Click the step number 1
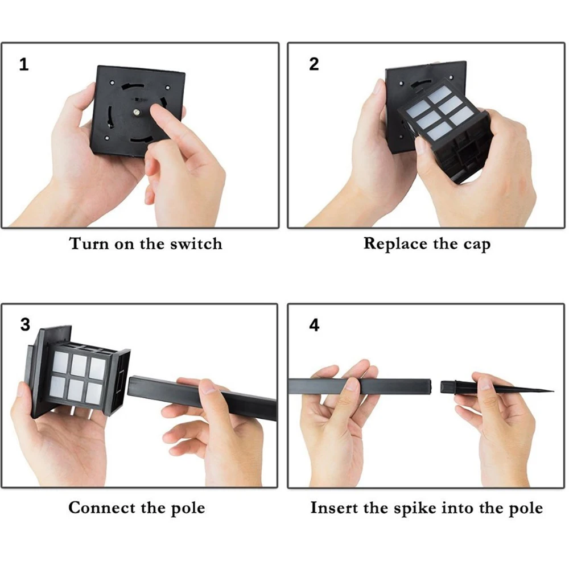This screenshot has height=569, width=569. tap(24, 64)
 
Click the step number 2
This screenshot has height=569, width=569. tap(314, 64)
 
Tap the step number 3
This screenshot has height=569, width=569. tap(25, 324)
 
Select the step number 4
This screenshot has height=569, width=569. tap(314, 325)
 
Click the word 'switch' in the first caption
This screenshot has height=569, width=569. tap(196, 244)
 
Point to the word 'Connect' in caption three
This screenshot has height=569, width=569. tap(102, 508)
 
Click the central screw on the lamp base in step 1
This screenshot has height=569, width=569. tap(137, 113)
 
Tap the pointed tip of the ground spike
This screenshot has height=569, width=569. tap(552, 391)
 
